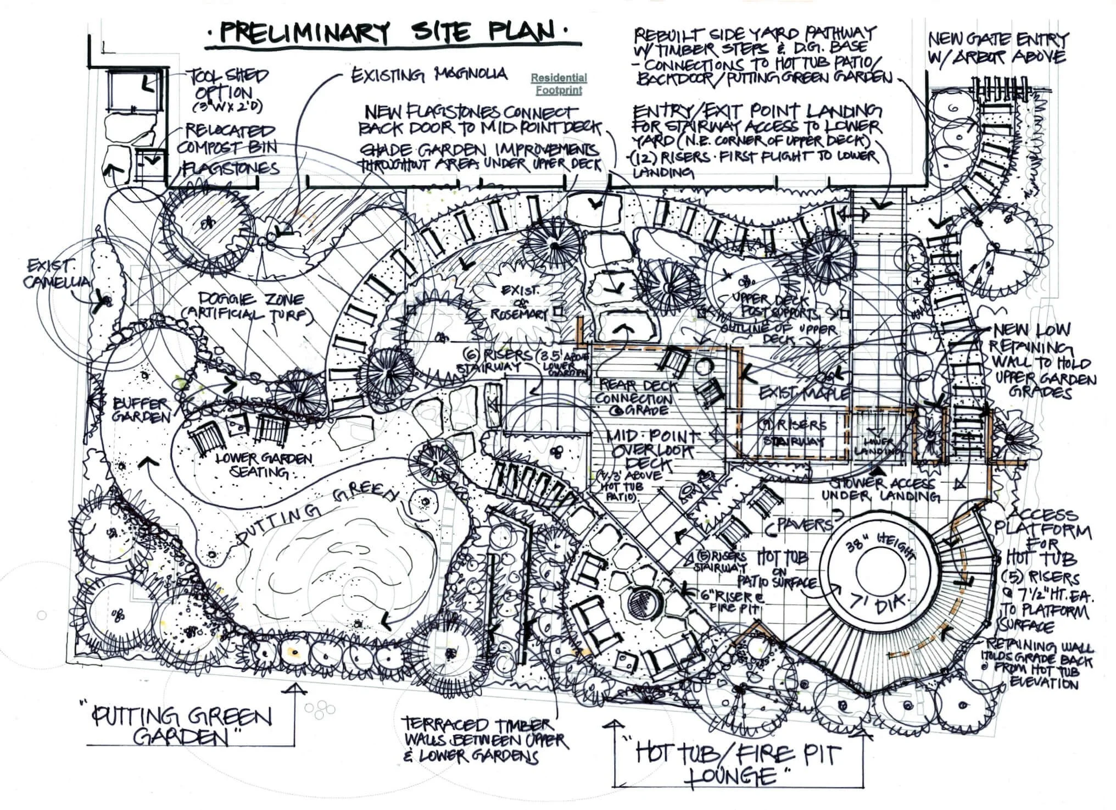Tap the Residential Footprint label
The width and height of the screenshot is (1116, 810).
(x=559, y=84)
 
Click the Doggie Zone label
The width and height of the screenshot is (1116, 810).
(x=247, y=307)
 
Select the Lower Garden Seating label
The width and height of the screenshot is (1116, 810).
(x=255, y=465)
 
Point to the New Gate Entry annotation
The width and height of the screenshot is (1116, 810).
(x=997, y=47)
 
